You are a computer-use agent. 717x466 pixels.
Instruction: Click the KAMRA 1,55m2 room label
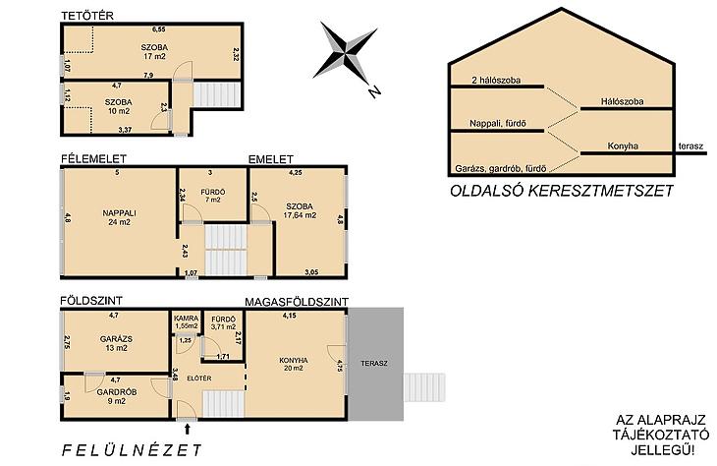pyautogui.click(x=187, y=322)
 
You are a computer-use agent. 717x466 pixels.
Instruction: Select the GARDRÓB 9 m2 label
pyautogui.click(x=117, y=396)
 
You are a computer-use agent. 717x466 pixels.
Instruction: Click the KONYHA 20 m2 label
pyautogui.click(x=294, y=365)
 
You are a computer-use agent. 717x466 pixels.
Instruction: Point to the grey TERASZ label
pyautogui.click(x=374, y=364)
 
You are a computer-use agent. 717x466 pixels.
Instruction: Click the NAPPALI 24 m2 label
pyautogui.click(x=119, y=217)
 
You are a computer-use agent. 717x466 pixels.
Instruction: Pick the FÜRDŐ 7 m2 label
pyautogui.click(x=212, y=196)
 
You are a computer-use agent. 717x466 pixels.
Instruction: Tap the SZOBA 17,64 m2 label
pyautogui.click(x=300, y=210)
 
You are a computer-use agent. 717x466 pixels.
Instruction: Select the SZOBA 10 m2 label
pyautogui.click(x=119, y=106)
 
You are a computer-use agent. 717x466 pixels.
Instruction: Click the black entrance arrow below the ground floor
pyautogui.click(x=187, y=429)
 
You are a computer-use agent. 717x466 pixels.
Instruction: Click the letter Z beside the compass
pyautogui.click(x=374, y=92)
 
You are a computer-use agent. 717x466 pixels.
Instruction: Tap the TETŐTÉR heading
pyautogui.click(x=87, y=16)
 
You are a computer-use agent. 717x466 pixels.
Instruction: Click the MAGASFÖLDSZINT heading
pyautogui.click(x=297, y=302)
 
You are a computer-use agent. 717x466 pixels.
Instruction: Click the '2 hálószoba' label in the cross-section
pyautogui.click(x=496, y=80)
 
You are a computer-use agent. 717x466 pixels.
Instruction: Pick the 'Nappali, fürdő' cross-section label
pyautogui.click(x=498, y=123)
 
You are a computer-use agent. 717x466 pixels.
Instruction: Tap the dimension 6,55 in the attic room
pyautogui.click(x=159, y=29)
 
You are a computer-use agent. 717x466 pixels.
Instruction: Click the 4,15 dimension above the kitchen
pyautogui.click(x=289, y=316)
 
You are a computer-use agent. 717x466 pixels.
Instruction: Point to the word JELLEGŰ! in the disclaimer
pyautogui.click(x=663, y=450)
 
